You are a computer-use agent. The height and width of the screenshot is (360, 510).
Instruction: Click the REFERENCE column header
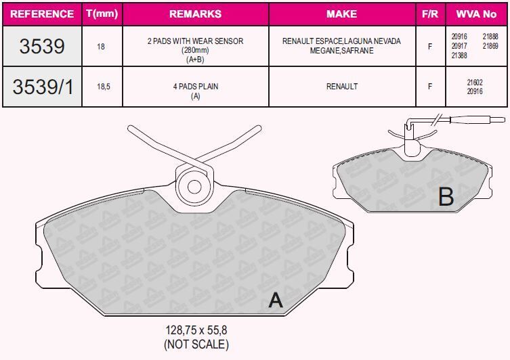pos(42,14)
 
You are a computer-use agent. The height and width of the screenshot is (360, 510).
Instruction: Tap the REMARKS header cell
pos(195,14)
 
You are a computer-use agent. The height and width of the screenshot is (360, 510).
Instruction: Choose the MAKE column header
pos(341,14)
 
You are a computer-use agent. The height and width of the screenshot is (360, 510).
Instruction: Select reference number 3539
pos(42,46)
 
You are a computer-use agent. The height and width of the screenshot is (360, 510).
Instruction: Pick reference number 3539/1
pos(42,87)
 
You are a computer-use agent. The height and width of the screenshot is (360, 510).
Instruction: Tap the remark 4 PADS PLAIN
pos(195,87)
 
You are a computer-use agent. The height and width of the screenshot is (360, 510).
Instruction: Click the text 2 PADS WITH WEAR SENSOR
pos(195,41)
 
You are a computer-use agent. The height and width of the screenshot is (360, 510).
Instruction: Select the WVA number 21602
pos(475,82)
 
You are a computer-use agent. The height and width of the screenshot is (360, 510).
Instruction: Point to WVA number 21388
pos(458,55)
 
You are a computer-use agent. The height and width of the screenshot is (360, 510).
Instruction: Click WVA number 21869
pos(490,45)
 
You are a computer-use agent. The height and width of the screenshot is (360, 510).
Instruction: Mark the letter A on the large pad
pos(275,300)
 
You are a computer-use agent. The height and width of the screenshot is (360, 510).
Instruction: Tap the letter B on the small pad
pos(445,196)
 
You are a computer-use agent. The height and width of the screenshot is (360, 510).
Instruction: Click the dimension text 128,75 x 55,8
pos(196,331)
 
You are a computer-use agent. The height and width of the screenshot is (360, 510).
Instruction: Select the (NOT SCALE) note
pos(196,344)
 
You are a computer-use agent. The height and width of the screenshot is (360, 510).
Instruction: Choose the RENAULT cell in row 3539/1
pos(341,87)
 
